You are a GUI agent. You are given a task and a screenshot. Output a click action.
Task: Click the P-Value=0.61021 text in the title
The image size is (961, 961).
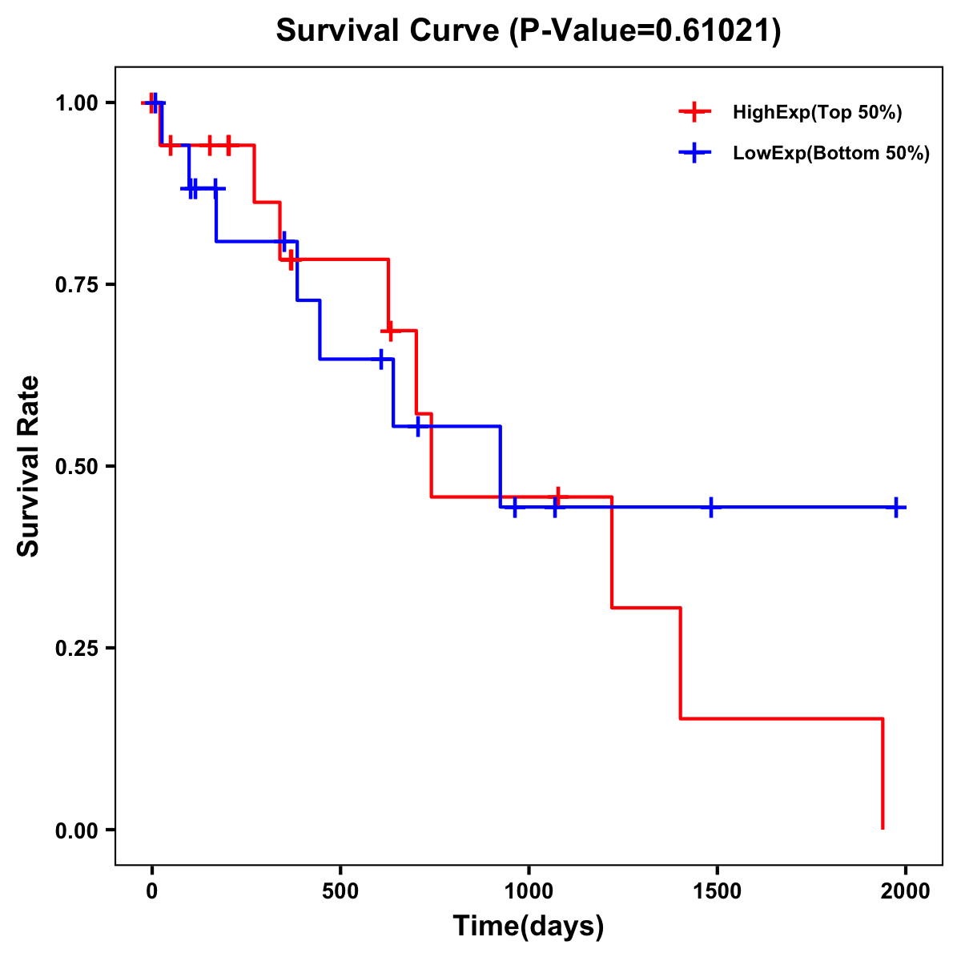click(x=646, y=31)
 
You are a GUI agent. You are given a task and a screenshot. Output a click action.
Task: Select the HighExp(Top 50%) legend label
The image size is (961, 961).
click(x=817, y=113)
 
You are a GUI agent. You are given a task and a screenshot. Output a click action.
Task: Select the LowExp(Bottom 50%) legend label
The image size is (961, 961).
click(x=831, y=154)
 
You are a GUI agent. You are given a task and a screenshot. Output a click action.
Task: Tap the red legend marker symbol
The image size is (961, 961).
click(x=694, y=113)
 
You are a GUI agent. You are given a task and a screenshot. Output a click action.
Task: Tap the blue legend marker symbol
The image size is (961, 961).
click(x=694, y=154)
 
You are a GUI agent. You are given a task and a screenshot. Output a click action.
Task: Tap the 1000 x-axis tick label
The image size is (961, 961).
click(x=529, y=891)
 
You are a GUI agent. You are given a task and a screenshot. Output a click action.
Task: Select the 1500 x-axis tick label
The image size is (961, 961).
click(x=717, y=891)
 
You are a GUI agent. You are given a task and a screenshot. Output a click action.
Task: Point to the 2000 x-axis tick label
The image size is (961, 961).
click(x=905, y=891)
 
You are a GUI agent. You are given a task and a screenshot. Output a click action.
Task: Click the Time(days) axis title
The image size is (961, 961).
click(x=529, y=927)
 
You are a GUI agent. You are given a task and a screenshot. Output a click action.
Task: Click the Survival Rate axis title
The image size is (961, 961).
click(x=29, y=466)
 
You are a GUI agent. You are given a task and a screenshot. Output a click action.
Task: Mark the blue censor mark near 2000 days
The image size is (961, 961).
click(x=896, y=507)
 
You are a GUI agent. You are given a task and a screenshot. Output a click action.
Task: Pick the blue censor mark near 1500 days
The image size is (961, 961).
click(x=710, y=507)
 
